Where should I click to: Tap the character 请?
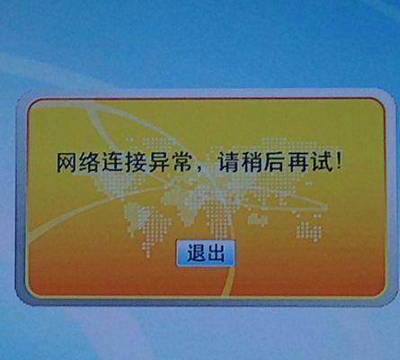tap(228, 163)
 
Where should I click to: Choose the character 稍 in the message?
tap(251, 163)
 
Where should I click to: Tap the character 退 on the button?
tap(196, 253)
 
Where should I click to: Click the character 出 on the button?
tap(215, 253)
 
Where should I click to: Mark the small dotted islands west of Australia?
tap(258, 220)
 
